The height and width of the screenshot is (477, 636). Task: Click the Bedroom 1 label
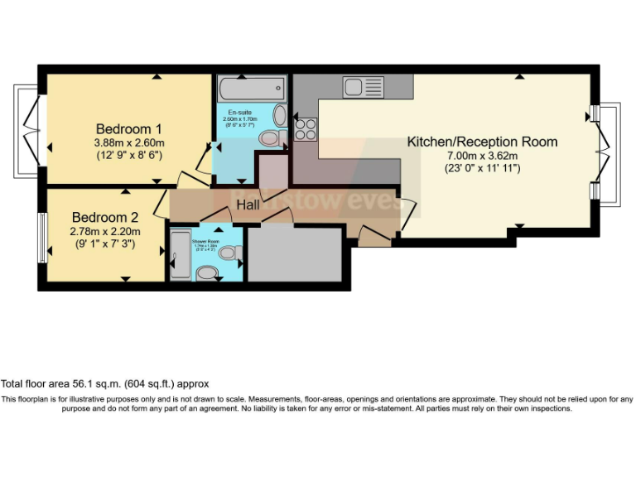[x=128, y=128]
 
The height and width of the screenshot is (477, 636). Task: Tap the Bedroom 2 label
[x=104, y=217]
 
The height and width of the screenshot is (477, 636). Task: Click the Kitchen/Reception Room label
[x=482, y=142]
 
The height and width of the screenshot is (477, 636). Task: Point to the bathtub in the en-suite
[x=251, y=89]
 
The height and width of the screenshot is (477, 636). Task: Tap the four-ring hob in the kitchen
[x=305, y=129]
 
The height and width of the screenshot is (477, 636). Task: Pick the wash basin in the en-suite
[x=280, y=115]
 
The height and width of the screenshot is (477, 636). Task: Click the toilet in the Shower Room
[x=207, y=272]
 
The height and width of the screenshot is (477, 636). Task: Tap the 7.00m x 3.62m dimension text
[x=482, y=156]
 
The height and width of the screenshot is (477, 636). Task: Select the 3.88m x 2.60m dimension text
[x=128, y=142]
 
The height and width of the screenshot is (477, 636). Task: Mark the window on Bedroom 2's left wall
[x=42, y=235]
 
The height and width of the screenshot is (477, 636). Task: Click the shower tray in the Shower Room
[x=179, y=255]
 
